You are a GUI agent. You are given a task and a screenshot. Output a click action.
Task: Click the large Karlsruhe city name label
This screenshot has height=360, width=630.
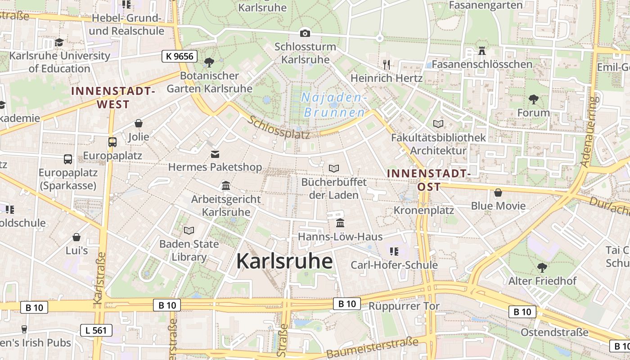click(x=284, y=261)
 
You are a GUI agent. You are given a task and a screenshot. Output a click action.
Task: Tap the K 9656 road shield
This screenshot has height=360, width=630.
click(x=180, y=56)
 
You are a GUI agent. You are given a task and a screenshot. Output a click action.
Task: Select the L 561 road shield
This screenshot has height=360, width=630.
click(x=96, y=330)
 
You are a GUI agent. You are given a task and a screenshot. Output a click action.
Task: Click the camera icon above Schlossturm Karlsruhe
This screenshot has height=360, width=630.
click(x=305, y=33)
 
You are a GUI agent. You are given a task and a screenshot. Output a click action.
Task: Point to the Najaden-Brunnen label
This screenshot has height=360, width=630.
click(x=334, y=105)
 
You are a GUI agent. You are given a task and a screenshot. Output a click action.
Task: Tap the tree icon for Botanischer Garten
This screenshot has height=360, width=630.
click(x=209, y=62)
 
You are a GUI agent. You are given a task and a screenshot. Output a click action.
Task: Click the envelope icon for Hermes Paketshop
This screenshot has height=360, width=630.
click(x=215, y=154)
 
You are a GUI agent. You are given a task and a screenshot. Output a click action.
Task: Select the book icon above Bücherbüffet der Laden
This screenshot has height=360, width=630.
click(x=333, y=168)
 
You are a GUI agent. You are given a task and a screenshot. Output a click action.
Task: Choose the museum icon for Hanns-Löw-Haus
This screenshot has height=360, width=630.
click(x=340, y=223)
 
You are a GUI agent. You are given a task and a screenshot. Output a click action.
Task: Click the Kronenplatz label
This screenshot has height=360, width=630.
click(x=424, y=210)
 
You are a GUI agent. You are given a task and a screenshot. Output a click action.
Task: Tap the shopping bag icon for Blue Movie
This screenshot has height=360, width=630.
click(x=498, y=193)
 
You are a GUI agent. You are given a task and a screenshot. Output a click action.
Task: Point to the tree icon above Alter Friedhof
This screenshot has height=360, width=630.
click(x=542, y=267)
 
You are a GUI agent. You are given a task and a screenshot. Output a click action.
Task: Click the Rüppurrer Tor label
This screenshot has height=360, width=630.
click(x=404, y=306)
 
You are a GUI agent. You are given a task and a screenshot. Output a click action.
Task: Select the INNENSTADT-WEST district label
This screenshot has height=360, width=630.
click(x=113, y=97)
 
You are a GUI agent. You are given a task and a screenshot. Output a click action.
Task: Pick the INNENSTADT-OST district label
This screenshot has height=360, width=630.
click(x=429, y=180)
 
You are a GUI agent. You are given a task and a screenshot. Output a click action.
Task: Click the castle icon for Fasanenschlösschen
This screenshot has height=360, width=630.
click(x=482, y=50)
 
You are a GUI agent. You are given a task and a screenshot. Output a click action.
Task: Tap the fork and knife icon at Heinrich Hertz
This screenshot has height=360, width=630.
click(x=386, y=64)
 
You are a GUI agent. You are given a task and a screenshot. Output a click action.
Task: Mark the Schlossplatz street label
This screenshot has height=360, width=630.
click(x=279, y=127)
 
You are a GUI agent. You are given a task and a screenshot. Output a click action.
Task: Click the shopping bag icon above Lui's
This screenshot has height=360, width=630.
click(x=76, y=237)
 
